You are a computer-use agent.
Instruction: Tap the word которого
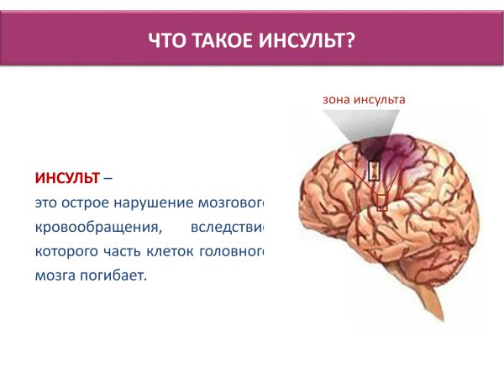[64, 250]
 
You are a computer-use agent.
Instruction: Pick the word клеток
[175, 250]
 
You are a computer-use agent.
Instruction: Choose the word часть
[123, 250]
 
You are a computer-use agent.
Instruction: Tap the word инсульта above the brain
[379, 99]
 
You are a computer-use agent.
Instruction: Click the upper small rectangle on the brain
[374, 171]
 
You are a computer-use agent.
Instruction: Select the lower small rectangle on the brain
[382, 201]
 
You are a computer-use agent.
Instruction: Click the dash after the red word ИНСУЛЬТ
[110, 178]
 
